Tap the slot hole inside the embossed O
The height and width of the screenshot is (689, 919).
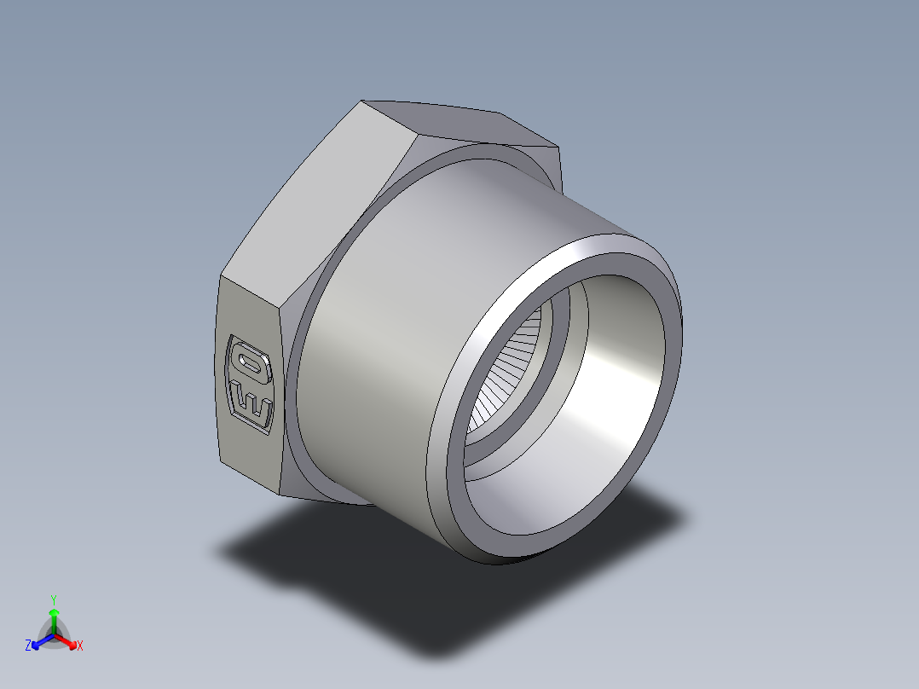tap(251, 364)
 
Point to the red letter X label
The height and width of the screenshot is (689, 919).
tap(80, 646)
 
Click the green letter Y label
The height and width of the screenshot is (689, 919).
tap(54, 599)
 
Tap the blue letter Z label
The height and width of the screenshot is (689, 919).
tap(28, 646)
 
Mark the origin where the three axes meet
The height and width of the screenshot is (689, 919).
tap(54, 634)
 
